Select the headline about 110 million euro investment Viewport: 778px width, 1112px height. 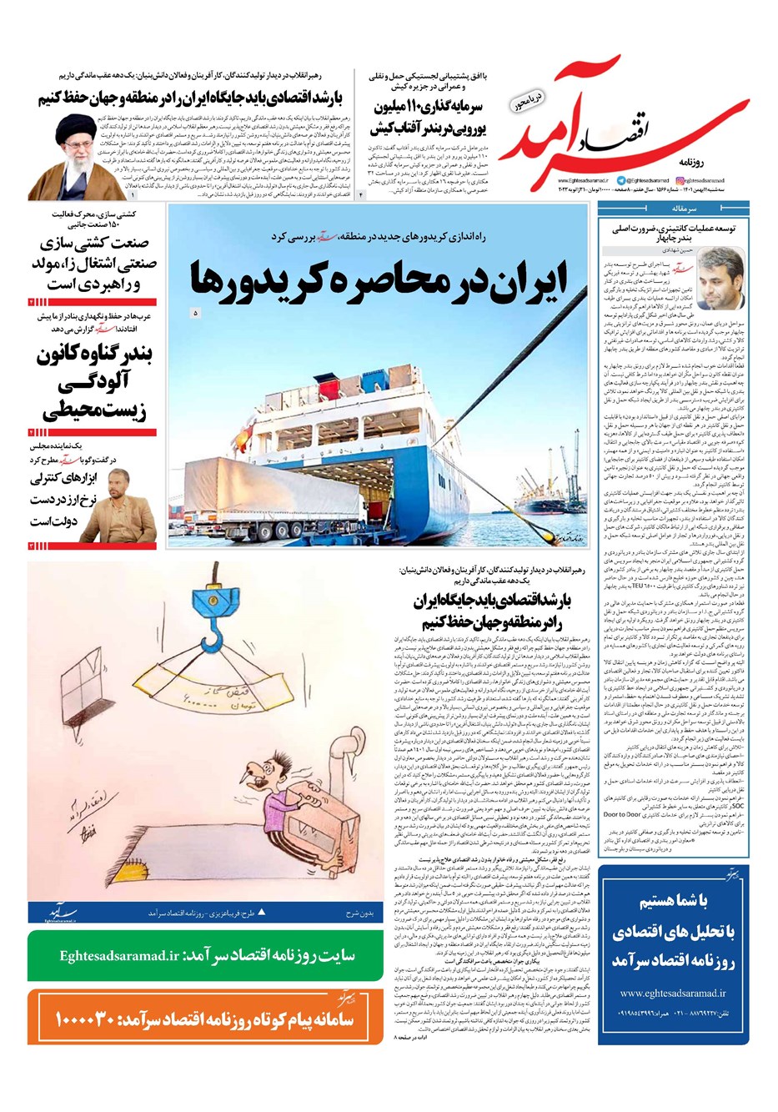(429, 118)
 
